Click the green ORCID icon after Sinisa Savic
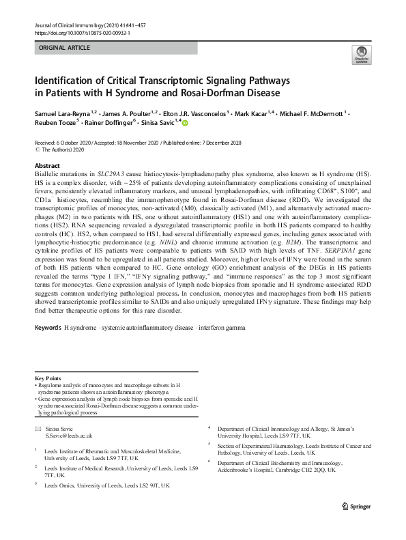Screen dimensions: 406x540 (x=184, y=124)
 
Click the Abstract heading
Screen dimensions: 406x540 (x=48, y=166)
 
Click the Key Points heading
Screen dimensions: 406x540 (x=48, y=378)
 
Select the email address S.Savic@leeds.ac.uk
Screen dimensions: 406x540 (x=68, y=435)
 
